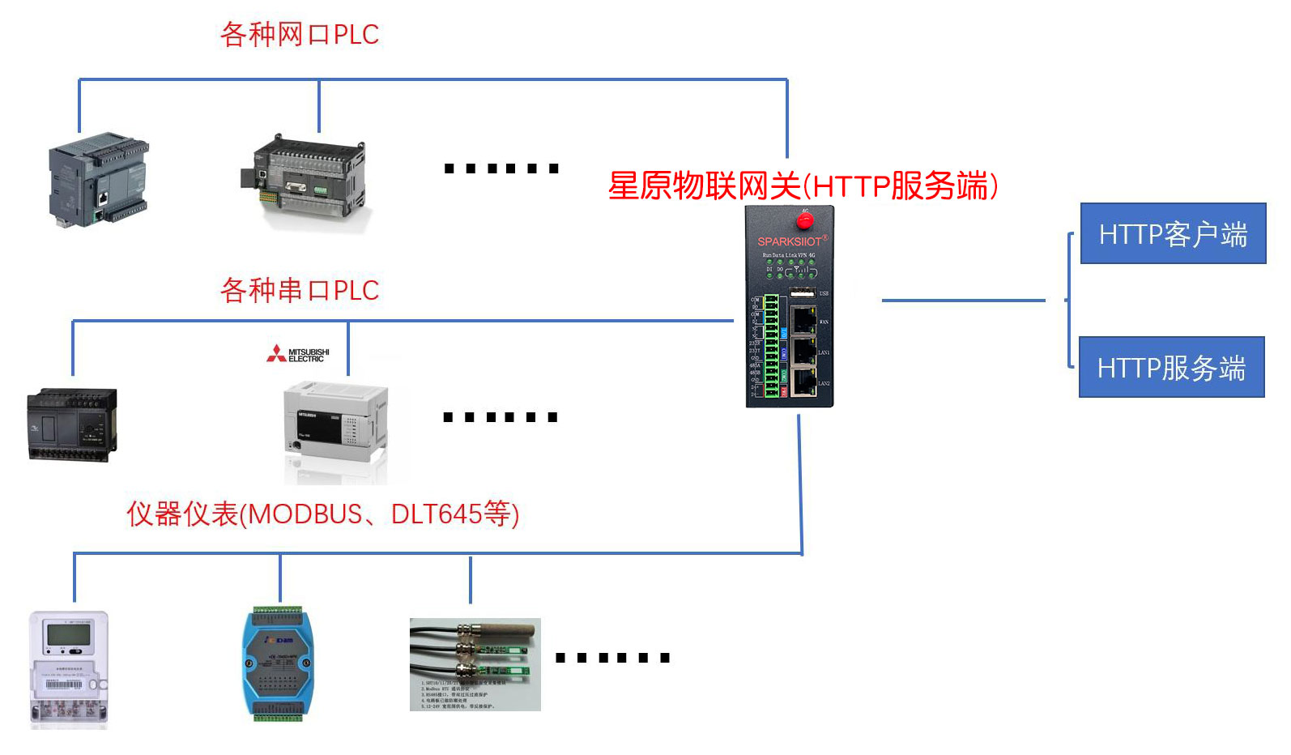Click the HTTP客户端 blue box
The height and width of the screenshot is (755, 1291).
click(1173, 233)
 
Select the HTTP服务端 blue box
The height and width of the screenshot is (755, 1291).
click(1171, 367)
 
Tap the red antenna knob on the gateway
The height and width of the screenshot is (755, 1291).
click(804, 220)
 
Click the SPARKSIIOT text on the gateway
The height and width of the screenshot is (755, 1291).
click(790, 241)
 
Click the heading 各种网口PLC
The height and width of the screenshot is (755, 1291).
click(300, 35)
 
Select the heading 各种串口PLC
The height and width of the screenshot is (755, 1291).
click(300, 290)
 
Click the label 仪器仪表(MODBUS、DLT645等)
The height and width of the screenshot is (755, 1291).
click(322, 514)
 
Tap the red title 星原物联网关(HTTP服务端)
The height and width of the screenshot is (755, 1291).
click(802, 186)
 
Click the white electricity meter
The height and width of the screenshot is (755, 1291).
click(69, 668)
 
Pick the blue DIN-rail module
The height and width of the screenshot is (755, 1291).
click(278, 663)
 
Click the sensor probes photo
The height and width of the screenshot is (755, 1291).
click(475, 664)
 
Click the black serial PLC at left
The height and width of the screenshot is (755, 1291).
click(72, 424)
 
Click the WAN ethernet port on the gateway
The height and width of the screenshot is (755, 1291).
click(803, 321)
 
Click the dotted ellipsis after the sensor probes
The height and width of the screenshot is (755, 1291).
click(612, 658)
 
